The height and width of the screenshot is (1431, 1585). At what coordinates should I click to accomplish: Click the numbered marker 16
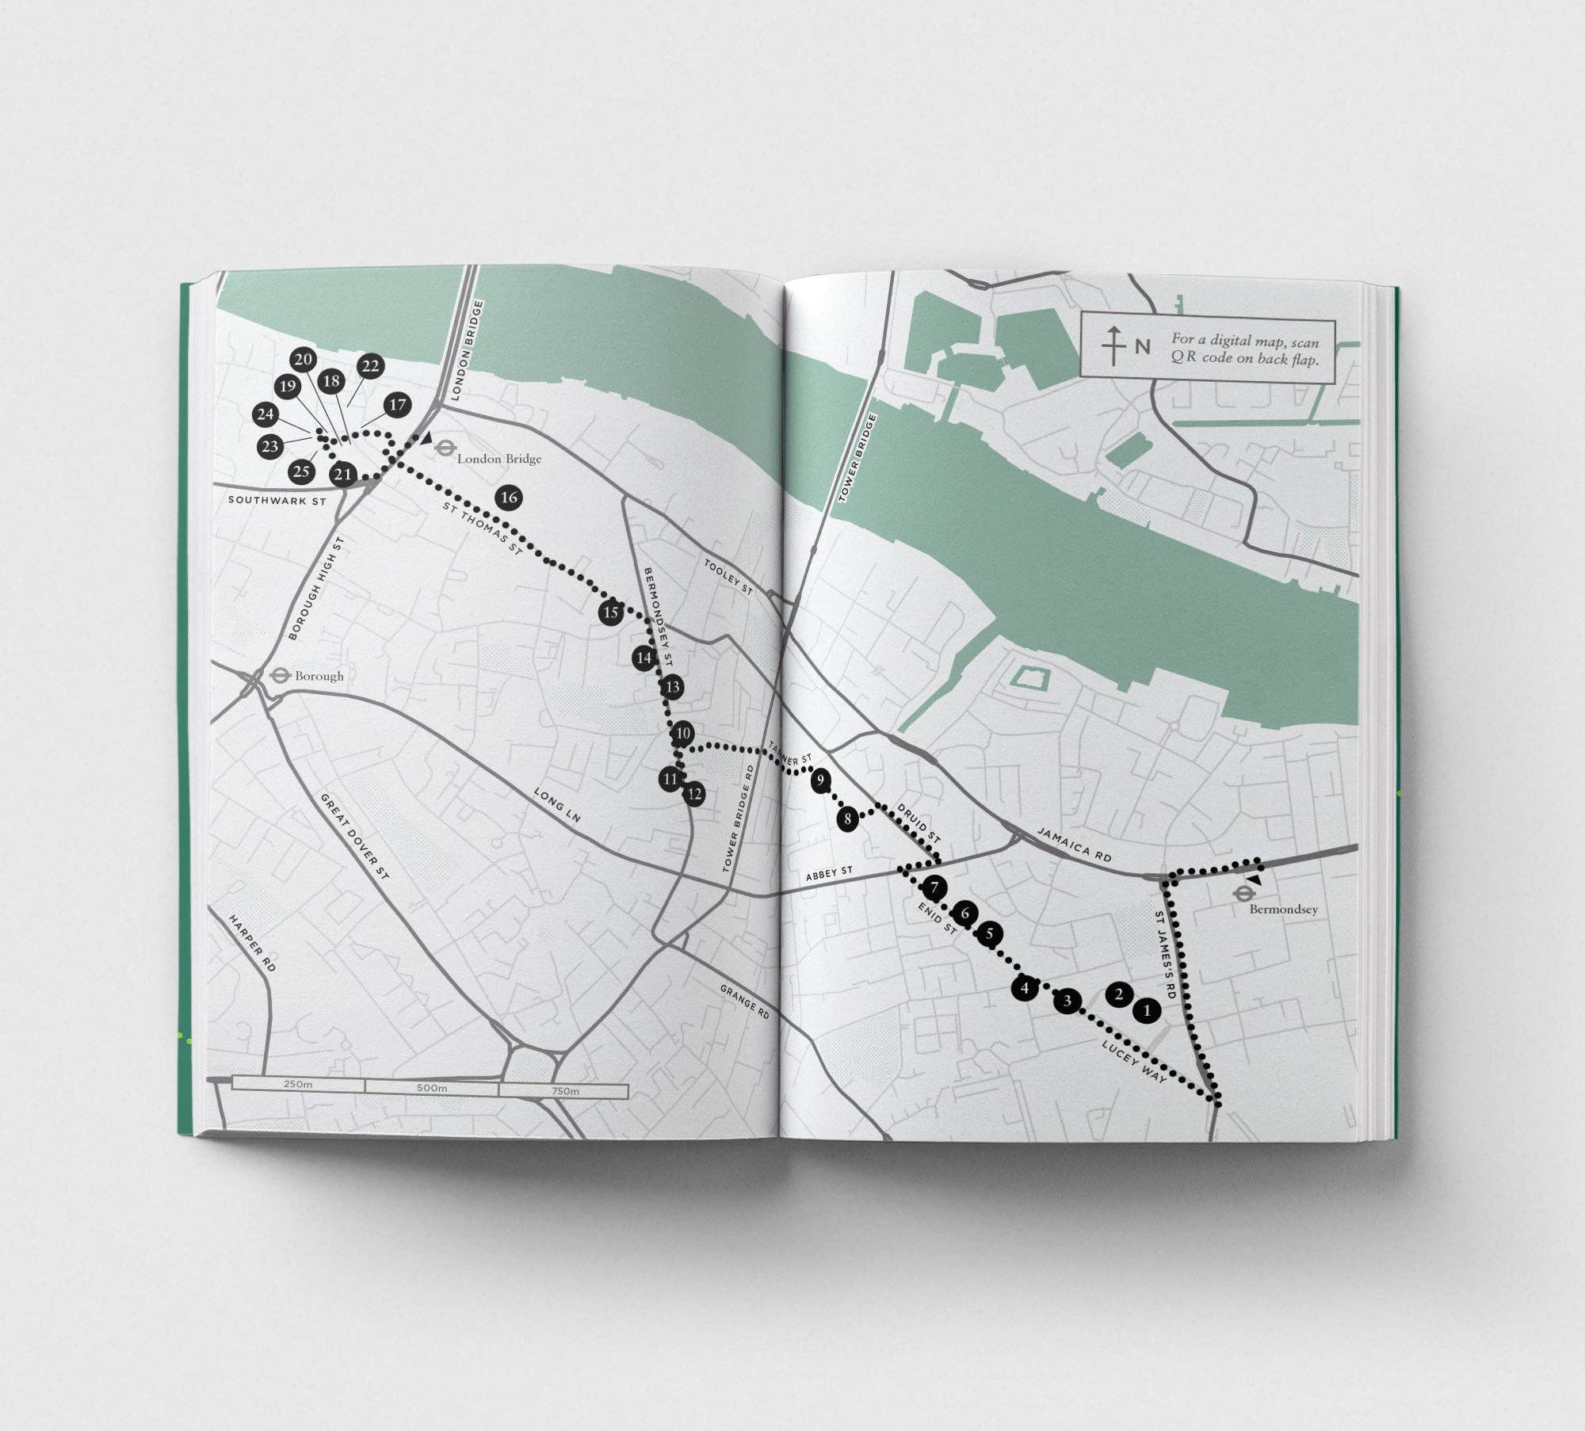(509, 498)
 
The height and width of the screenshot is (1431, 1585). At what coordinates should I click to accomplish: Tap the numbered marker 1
(1147, 1011)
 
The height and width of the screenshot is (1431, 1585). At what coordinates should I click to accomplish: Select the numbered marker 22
(370, 366)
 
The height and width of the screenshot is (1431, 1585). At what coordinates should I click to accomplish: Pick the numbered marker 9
(821, 780)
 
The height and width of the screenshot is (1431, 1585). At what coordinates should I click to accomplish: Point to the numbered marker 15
(610, 612)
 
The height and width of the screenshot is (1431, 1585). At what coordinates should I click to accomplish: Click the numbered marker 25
(301, 472)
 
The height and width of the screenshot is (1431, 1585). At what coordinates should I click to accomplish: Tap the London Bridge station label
(498, 459)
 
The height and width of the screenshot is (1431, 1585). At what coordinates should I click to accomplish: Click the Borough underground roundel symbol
(279, 675)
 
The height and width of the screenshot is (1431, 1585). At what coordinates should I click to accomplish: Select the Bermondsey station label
(1283, 909)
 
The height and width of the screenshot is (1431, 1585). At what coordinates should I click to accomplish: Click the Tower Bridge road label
(849, 457)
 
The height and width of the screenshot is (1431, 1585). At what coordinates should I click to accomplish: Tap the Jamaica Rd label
(1073, 845)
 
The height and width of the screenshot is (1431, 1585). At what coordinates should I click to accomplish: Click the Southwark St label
(277, 501)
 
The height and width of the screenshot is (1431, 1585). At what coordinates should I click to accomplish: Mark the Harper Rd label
(252, 944)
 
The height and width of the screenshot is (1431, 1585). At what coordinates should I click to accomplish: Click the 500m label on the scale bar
(431, 1088)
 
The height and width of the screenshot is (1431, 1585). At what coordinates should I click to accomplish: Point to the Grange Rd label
(745, 1002)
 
